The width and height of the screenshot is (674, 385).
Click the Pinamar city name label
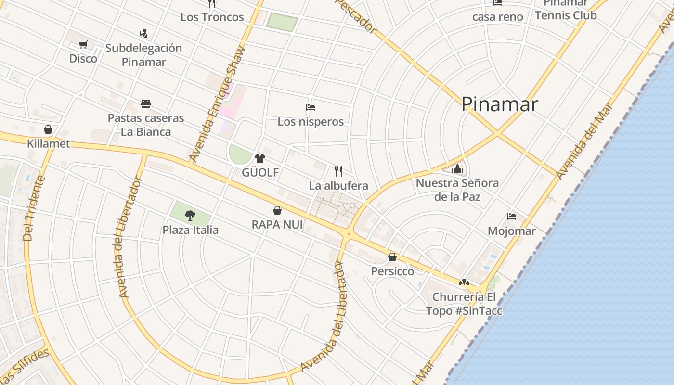coord(499,104)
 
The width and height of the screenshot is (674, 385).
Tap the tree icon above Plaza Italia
coord(190,216)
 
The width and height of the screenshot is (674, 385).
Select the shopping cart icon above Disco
coord(83,45)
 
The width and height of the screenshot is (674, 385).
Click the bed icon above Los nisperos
coord(311,107)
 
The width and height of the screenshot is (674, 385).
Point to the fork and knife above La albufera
coord(338,171)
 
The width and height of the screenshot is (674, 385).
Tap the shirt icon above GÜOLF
coord(260,158)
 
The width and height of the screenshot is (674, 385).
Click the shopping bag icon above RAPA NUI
coord(277,210)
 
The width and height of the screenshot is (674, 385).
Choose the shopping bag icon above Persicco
coord(392,257)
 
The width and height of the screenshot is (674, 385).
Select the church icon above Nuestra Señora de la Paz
coord(457,169)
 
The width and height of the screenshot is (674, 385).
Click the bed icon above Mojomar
coord(512,217)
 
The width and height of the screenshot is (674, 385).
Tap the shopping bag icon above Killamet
coord(48,129)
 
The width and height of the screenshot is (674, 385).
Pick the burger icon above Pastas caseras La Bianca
coord(146,104)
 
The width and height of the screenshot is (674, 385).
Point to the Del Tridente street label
coord(34,208)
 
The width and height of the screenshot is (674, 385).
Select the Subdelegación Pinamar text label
coord(143,55)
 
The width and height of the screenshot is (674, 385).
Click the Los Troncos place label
coord(212,17)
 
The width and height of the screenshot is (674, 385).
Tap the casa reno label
coord(497,17)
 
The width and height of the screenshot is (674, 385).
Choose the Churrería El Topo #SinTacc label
coord(464,304)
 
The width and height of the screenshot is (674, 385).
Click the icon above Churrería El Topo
coord(464,282)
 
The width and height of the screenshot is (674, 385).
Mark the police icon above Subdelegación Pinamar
coord(143,34)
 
